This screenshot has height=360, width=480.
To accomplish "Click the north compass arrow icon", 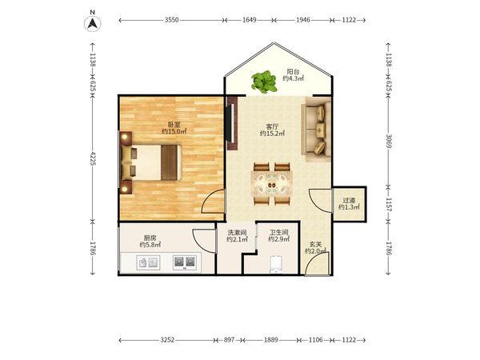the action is pos(93,23).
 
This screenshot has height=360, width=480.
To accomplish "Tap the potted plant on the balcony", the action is pos(263,82).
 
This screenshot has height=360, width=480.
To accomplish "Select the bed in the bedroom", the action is pos(151,162).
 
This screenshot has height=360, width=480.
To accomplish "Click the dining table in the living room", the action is pos(272,185).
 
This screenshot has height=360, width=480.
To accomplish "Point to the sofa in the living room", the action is pos(317,130).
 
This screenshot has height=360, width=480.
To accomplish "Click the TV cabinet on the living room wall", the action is pos(232,123).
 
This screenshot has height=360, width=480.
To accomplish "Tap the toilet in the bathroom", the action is pos(276,264).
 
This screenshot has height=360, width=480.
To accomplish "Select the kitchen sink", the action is pos(148,262).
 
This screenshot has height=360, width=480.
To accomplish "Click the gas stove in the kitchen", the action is pos(185,262).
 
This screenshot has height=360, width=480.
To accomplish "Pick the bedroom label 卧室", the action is pos(174,125).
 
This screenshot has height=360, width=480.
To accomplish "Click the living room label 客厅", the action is pos(272,126).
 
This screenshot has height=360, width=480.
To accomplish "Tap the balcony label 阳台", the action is pos(293,72).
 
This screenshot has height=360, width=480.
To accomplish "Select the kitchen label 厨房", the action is pos(150,238).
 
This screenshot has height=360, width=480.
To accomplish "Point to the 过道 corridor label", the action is pos(349,201).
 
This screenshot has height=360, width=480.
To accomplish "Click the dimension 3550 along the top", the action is pos(171,20).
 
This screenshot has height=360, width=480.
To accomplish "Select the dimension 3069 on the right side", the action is pos(389,141).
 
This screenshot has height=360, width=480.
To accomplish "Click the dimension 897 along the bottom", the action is pos(229,340).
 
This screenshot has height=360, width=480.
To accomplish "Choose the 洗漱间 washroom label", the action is pos(237,233).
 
